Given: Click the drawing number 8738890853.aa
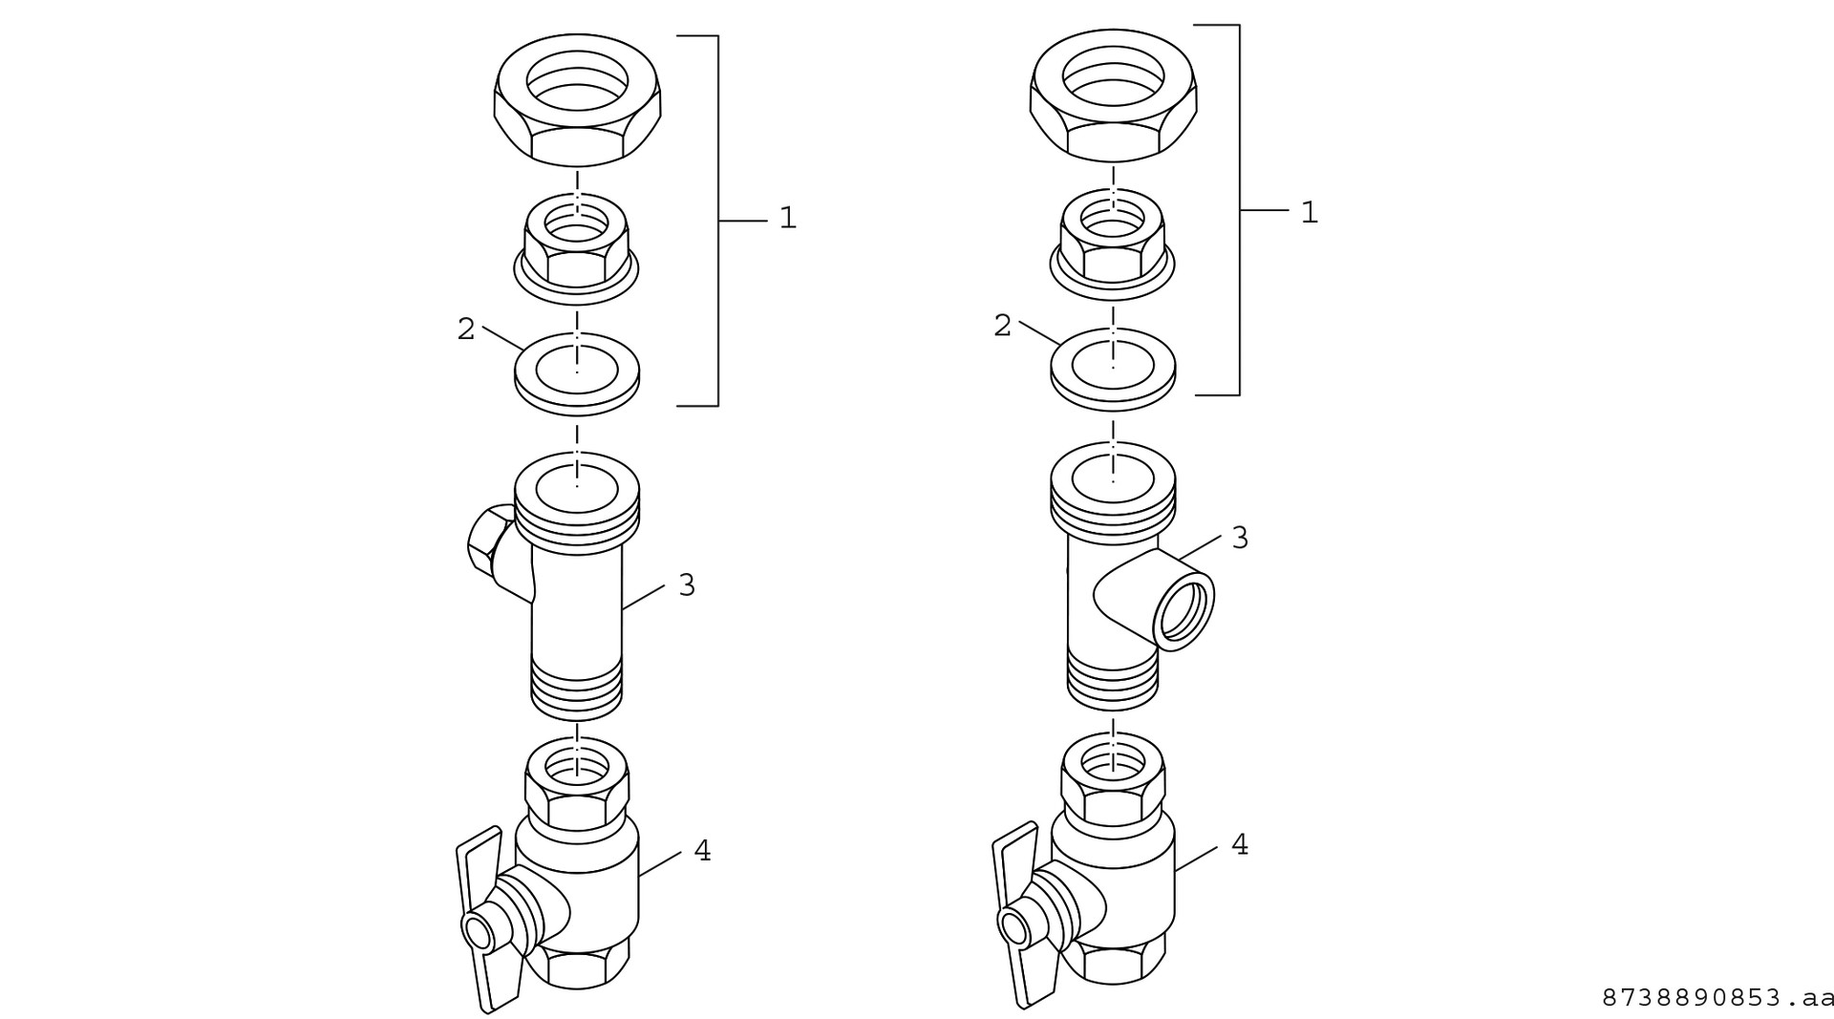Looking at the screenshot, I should (x=1717, y=998).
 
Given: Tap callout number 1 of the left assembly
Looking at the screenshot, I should (x=787, y=219).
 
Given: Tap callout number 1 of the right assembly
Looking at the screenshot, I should (x=1309, y=213).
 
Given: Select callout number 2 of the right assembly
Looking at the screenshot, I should (x=1002, y=327).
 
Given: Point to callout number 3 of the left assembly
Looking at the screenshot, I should (x=687, y=585).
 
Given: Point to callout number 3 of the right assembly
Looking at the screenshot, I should (x=1240, y=539).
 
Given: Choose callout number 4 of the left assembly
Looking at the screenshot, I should (x=702, y=850).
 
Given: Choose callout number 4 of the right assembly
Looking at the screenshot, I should (x=1240, y=845).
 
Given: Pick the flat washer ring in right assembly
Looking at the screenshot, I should (x=1113, y=368).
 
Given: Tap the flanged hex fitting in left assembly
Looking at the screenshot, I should (x=577, y=250).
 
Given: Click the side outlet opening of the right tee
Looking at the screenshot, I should (x=1184, y=612).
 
